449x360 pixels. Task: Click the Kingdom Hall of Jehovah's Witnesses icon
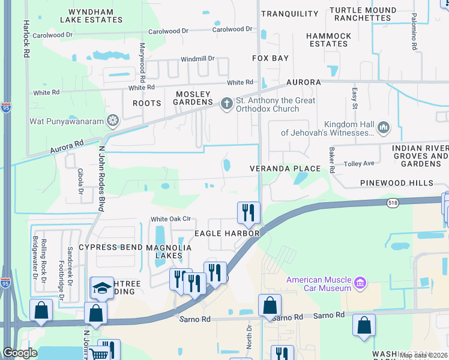384,128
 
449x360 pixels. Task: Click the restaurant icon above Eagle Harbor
248,212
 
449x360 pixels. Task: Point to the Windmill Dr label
197,59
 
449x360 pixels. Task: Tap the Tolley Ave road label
359,163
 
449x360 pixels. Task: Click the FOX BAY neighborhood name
270,58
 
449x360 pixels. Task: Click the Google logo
20,353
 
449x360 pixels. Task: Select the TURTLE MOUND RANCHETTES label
364,14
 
